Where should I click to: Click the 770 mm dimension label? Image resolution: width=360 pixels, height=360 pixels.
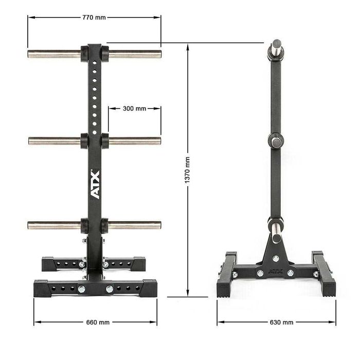pos(94,17)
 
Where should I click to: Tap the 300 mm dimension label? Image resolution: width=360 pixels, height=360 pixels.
pos(134,109)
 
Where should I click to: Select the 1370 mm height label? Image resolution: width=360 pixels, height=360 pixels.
pos(188,170)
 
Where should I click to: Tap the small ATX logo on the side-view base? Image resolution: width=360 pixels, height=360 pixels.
pos(276,267)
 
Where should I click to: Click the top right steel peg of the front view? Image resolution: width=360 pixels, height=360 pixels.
pos(135,54)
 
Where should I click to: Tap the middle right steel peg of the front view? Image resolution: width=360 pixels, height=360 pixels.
pos(135,141)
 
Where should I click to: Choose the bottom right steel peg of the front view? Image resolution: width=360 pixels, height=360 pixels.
pos(135,225)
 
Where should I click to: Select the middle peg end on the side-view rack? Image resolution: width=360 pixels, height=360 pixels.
pos(277,140)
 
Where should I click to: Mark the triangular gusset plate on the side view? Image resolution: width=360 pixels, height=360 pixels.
pos(276,252)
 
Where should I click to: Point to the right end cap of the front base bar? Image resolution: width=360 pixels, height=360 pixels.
pos(150,289)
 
